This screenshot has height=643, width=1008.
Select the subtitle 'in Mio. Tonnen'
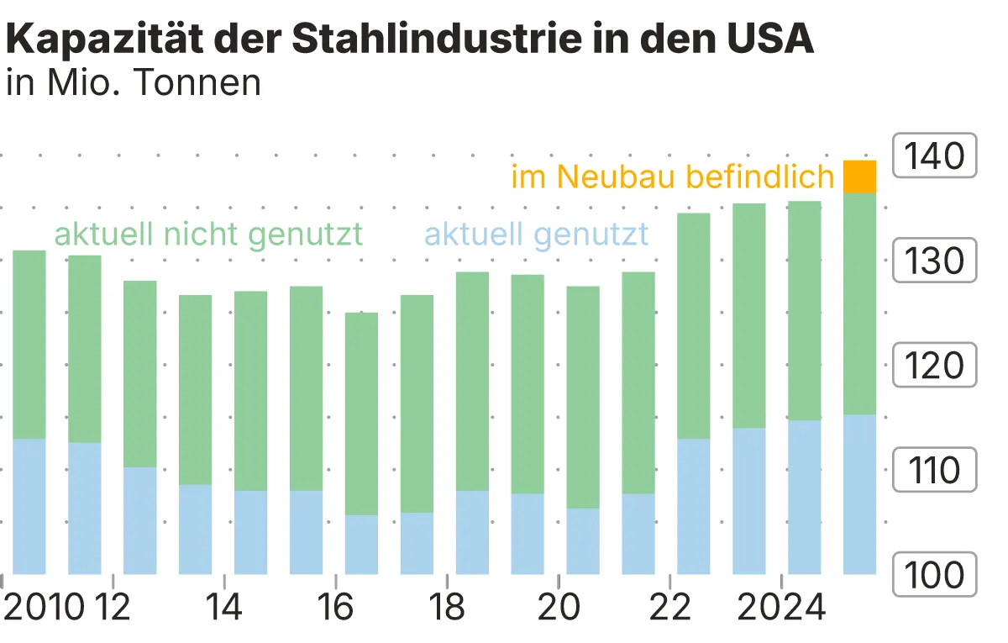(x=134, y=83)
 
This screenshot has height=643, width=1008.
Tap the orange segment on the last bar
(x=859, y=177)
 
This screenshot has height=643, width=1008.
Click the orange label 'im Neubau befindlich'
(x=672, y=177)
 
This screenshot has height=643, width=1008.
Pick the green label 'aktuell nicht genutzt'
(x=208, y=234)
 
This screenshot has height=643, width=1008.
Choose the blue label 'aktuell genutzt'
(x=537, y=234)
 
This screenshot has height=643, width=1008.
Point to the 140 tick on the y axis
(x=934, y=155)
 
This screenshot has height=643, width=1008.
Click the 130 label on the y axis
(x=934, y=261)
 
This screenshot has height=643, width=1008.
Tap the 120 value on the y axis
(x=934, y=366)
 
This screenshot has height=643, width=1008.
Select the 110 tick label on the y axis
(x=934, y=470)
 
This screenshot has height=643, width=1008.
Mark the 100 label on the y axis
(x=934, y=575)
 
